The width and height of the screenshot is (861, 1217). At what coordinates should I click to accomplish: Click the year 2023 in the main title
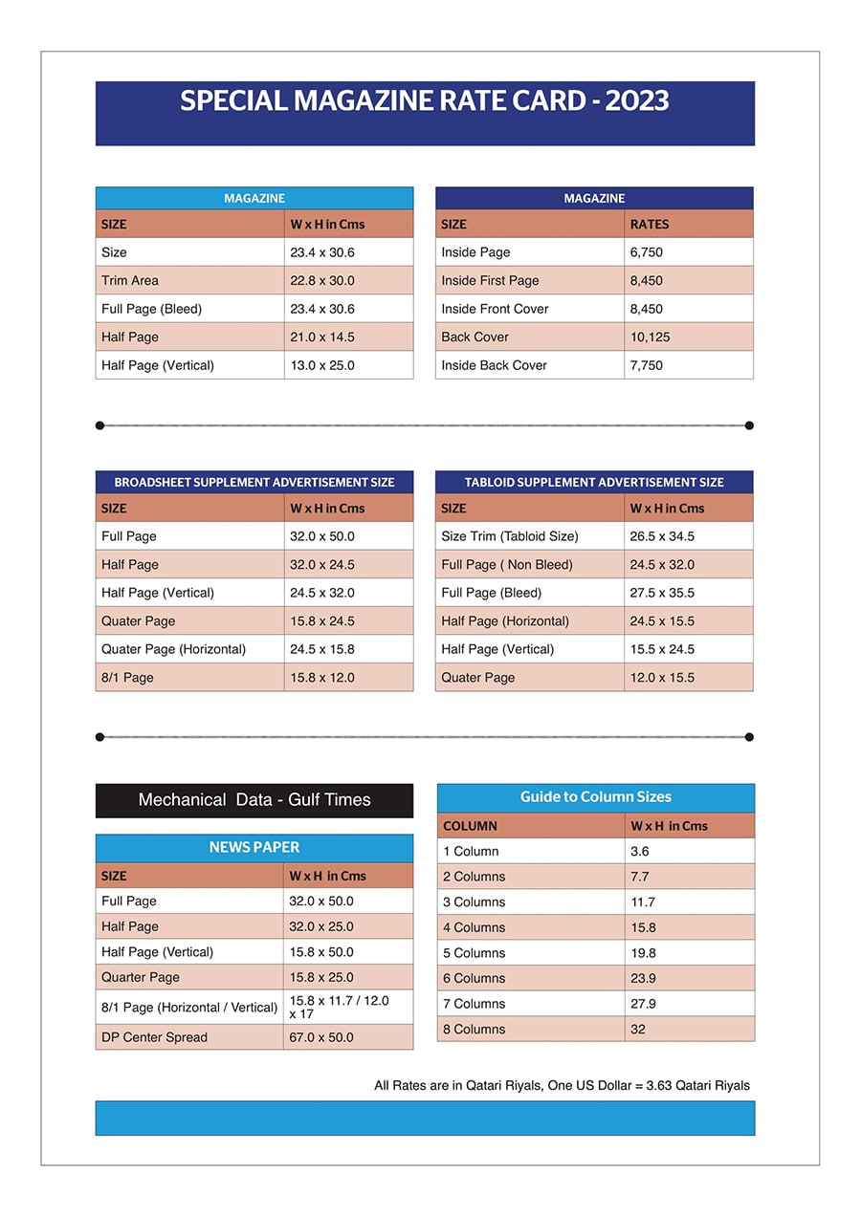(x=637, y=101)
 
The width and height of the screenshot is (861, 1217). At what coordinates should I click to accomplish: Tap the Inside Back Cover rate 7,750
(x=646, y=365)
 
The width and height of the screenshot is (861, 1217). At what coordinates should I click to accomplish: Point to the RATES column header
(x=650, y=225)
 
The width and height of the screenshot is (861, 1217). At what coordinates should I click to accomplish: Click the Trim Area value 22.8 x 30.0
(x=322, y=281)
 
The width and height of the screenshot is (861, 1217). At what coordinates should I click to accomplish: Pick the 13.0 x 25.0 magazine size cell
(x=322, y=365)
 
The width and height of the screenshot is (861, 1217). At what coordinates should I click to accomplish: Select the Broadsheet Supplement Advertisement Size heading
(x=254, y=483)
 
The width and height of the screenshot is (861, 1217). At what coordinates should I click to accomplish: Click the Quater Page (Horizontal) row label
(x=173, y=649)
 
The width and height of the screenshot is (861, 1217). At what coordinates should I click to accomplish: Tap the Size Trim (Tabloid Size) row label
(x=510, y=536)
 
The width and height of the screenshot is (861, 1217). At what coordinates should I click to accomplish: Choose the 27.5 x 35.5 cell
(x=662, y=593)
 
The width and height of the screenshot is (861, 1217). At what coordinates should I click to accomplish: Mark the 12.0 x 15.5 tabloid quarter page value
(x=662, y=678)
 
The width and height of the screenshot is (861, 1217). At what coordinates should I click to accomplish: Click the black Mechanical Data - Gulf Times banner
(x=254, y=800)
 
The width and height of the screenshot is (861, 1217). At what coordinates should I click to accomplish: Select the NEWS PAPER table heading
(x=254, y=848)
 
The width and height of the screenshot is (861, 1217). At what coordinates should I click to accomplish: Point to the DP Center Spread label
(x=154, y=1037)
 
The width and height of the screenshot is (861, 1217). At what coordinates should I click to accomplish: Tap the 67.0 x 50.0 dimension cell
(x=321, y=1037)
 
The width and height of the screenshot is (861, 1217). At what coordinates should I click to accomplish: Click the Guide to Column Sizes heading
(x=596, y=797)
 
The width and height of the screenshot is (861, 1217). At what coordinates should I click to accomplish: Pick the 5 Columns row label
(x=474, y=953)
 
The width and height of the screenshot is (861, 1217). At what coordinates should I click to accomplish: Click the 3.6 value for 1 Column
(x=639, y=852)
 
